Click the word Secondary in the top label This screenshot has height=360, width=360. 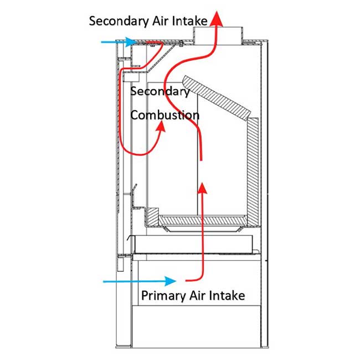pos(118,22)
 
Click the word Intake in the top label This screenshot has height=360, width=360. pos(189,22)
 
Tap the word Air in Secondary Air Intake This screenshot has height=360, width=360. pos(158,22)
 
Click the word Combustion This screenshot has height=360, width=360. pos(164,116)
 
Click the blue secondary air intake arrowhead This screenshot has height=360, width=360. pos(130,42)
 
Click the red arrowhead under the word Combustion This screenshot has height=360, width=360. pos(162,127)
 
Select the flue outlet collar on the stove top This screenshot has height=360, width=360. pos(218,36)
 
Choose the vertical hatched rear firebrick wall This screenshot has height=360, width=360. pos(253,166)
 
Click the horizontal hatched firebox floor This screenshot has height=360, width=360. pos(202,220)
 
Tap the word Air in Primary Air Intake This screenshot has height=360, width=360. pos(196,295)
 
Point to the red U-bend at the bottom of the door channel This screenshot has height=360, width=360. pos(128,151)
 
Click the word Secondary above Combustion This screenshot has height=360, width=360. pos(160,91)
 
